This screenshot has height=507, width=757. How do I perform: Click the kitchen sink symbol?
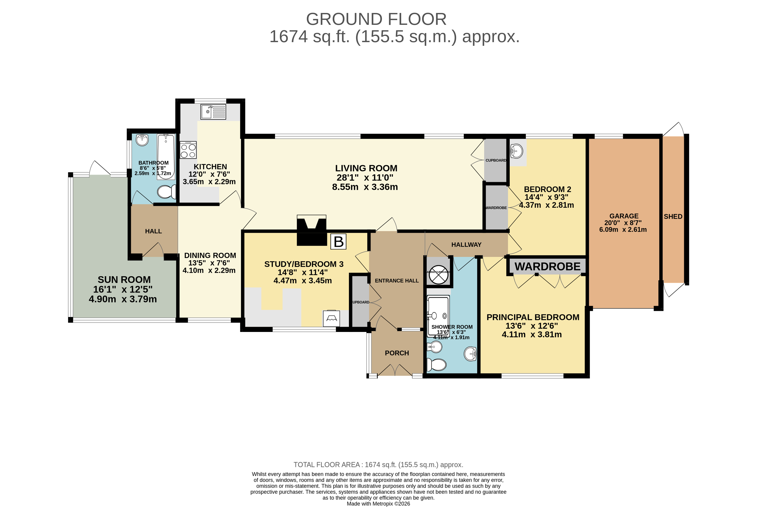[x=213, y=112]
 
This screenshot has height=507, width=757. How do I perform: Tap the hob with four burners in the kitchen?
[x=188, y=150]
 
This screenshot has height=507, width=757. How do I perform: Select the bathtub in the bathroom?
[x=166, y=156]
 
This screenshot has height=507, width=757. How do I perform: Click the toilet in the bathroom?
[x=166, y=192]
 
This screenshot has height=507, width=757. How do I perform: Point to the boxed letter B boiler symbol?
[x=338, y=242]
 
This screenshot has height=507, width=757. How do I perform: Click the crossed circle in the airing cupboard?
[x=438, y=274]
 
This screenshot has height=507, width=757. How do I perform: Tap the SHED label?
[x=673, y=217]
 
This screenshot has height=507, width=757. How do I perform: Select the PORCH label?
[x=397, y=353]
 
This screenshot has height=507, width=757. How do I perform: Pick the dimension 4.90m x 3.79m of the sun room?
[x=123, y=299]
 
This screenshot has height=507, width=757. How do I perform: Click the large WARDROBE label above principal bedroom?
[x=547, y=266]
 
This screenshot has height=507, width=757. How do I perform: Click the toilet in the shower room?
[x=436, y=365]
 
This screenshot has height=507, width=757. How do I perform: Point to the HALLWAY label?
[x=466, y=245]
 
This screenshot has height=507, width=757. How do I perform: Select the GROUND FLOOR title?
[x=376, y=19]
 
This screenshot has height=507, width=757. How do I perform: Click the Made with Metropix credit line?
[x=378, y=504]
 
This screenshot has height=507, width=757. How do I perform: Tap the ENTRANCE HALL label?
[x=397, y=281]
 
